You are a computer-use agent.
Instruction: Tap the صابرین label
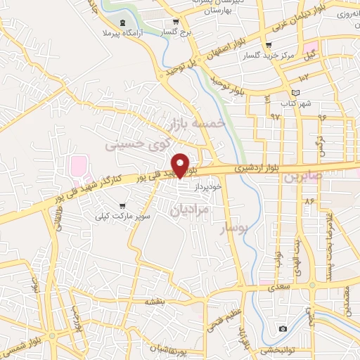click(x=302, y=176)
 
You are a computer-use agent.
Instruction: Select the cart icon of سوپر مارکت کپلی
click(x=123, y=206)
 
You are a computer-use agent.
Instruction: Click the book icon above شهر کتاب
click(x=296, y=94)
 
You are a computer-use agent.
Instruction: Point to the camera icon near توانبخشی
click(x=283, y=328)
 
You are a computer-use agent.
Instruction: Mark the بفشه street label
click(x=154, y=301)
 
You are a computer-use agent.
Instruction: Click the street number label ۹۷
click(x=275, y=115)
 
